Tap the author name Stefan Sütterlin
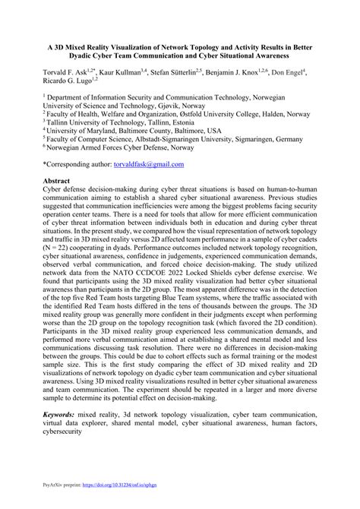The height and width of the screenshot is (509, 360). [176, 70]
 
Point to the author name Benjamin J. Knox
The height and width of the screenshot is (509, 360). [242, 70]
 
